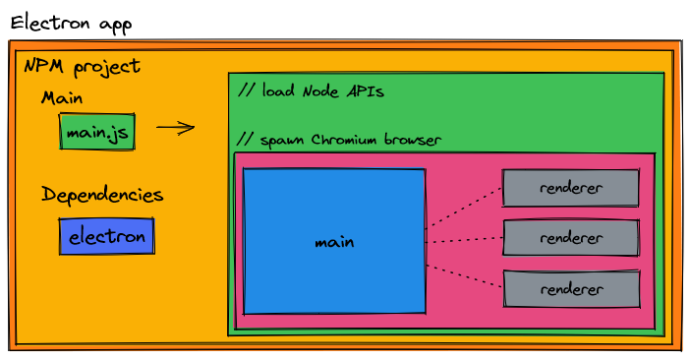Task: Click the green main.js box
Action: [x=97, y=132]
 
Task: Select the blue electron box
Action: [x=106, y=236]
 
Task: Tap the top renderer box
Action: [x=570, y=188]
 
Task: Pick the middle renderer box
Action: [x=570, y=238]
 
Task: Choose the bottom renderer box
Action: [x=570, y=289]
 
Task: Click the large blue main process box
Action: [x=334, y=241]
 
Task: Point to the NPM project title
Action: [x=82, y=67]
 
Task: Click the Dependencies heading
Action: [x=102, y=195]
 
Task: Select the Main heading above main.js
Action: [x=62, y=98]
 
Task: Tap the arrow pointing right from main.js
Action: [x=175, y=127]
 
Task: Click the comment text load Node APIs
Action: [x=311, y=91]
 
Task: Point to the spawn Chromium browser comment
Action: [x=340, y=140]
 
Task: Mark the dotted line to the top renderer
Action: [x=463, y=207]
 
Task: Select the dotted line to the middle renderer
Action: [x=463, y=240]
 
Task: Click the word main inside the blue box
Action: [x=334, y=242]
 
